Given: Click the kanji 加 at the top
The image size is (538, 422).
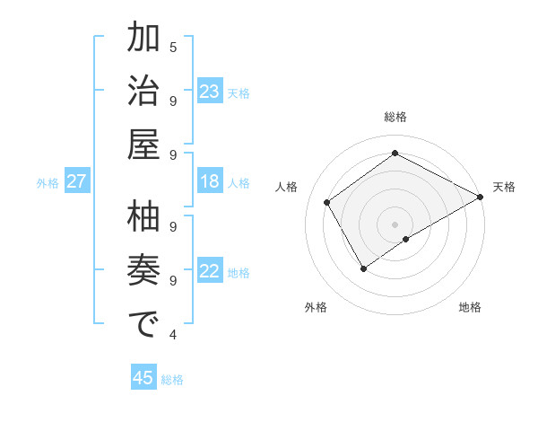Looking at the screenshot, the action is click(143, 40).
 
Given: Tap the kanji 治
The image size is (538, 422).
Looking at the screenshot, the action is click(143, 93).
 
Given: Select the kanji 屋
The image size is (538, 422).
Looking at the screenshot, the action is click(143, 145).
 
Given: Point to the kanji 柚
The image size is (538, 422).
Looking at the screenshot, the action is click(143, 218).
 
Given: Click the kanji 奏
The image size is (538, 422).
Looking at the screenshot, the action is click(143, 271).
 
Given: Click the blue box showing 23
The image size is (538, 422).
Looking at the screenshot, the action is click(209, 92).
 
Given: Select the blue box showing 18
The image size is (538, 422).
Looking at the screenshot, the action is click(209, 181).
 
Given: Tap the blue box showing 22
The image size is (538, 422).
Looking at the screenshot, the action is click(209, 271).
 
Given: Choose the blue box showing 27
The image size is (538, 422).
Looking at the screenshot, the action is click(76, 181).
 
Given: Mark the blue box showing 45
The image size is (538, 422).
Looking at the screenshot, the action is click(143, 378).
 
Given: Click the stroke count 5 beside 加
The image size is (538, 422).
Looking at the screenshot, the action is click(173, 47).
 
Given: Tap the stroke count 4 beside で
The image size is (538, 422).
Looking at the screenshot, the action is click(173, 335).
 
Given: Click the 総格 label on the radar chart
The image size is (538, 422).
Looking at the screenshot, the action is click(395, 117).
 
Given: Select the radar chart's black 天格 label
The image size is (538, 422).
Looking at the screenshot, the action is click(504, 187).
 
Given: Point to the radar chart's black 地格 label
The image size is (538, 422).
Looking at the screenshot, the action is click(470, 307).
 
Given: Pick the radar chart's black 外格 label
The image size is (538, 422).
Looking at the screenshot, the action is click(315, 307).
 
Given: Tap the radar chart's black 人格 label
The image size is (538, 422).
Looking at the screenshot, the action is click(287, 187).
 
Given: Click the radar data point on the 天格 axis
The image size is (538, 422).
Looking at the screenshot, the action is click(481, 197).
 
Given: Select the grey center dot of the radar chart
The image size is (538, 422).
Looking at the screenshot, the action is click(395, 224).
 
